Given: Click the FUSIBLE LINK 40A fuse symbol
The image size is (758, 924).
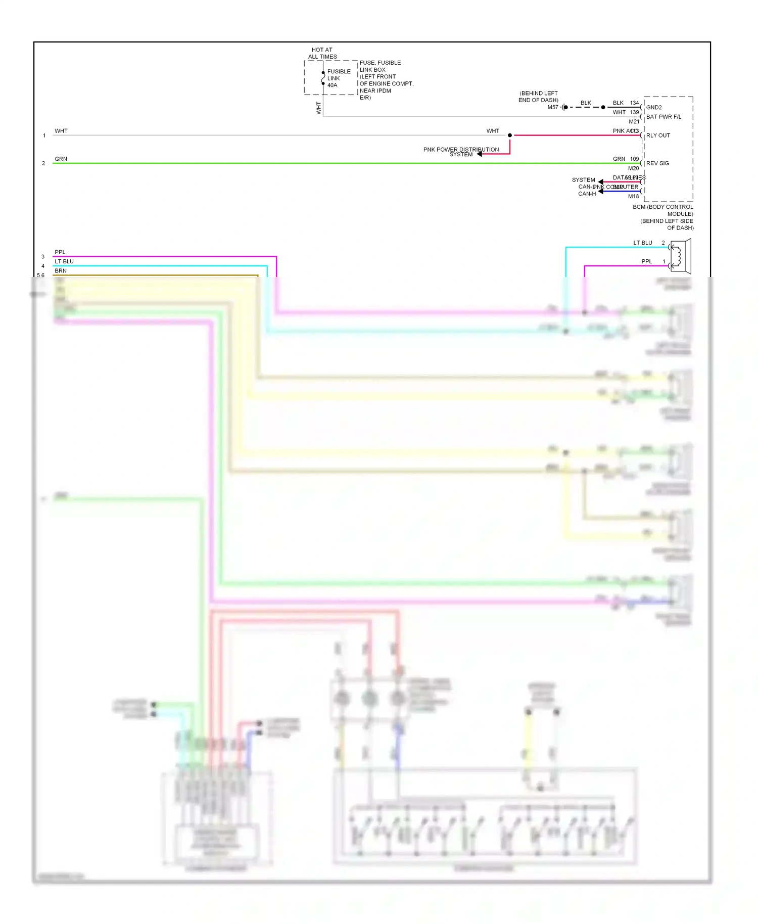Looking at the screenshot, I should click(x=323, y=78).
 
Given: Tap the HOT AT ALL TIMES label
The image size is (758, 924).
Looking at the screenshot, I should click(x=322, y=53).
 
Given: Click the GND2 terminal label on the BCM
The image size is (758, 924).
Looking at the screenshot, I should click(x=654, y=107).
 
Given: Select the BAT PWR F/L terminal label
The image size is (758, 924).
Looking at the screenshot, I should click(x=664, y=117).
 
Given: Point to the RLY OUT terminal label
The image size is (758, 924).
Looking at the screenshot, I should click(x=658, y=135).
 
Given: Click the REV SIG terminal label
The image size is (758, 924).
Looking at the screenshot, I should click(x=657, y=163).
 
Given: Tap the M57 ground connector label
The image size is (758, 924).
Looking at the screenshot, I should click(x=553, y=107).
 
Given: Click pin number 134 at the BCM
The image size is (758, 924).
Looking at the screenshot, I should click(x=635, y=103).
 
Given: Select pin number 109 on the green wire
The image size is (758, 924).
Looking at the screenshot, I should click(x=635, y=159).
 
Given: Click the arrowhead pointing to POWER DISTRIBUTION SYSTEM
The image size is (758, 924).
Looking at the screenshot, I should click(x=480, y=154).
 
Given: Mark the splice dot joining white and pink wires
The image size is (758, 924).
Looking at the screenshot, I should click(x=510, y=135).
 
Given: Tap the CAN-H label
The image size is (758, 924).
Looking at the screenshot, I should click(x=587, y=194).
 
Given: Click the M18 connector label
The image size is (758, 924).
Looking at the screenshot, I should click(x=633, y=196).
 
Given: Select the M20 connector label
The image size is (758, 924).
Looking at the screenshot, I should click(x=633, y=168).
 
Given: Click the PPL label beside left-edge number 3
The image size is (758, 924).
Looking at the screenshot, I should click(x=60, y=252).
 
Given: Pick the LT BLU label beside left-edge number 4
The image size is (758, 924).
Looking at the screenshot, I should click(x=64, y=261).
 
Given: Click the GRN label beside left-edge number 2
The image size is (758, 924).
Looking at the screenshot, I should click(x=61, y=159).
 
